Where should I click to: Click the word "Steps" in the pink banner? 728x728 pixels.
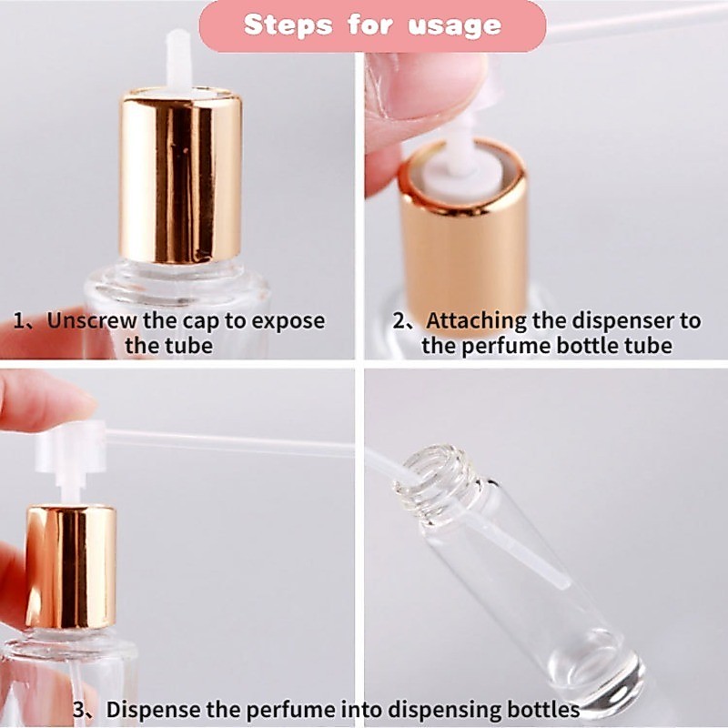pyautogui.click(x=288, y=25)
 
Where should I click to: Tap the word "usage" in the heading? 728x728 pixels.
pyautogui.click(x=455, y=26)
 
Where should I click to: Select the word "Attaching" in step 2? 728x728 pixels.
pyautogui.click(x=476, y=321)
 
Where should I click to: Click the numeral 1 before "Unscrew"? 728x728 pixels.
pyautogui.click(x=18, y=321)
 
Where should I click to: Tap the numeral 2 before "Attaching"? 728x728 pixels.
pyautogui.click(x=399, y=321)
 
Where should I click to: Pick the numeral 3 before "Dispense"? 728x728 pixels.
pyautogui.click(x=79, y=710)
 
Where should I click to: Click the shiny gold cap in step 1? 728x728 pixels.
pyautogui.click(x=180, y=177)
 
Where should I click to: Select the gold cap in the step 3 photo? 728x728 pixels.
pyautogui.click(x=71, y=567)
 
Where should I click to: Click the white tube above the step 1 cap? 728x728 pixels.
pyautogui.click(x=178, y=59)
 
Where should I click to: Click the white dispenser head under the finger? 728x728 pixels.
pyautogui.click(x=71, y=447)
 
